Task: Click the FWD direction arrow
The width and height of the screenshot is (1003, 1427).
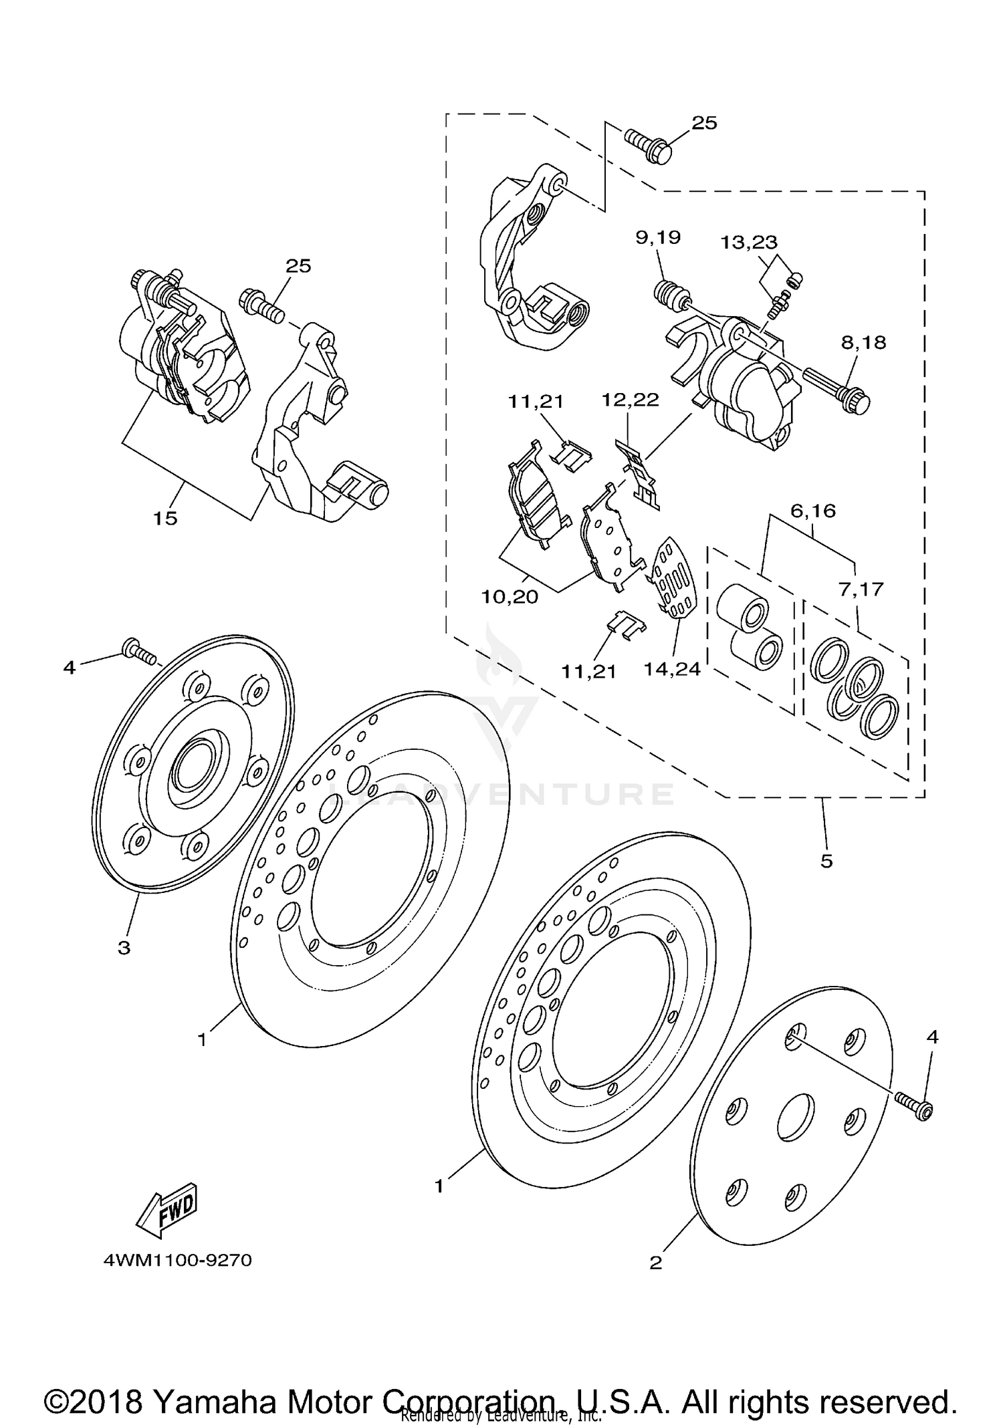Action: click(x=167, y=1210)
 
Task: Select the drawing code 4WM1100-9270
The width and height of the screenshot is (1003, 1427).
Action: click(x=178, y=1261)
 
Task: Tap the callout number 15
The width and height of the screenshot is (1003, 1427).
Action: click(x=165, y=518)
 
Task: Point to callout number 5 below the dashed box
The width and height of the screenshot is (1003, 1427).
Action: click(x=826, y=862)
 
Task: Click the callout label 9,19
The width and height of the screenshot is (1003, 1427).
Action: click(x=658, y=237)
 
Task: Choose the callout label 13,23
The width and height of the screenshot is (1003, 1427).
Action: click(x=749, y=241)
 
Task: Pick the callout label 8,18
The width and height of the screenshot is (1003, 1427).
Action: click(x=863, y=343)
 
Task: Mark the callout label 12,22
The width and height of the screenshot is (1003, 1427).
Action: click(x=630, y=400)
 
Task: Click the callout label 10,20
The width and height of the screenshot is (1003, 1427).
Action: click(x=510, y=596)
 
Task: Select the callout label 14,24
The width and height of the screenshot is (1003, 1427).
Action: click(x=672, y=668)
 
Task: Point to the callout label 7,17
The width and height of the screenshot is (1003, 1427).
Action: click(x=861, y=590)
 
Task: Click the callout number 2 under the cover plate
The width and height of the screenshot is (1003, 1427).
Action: click(x=656, y=1263)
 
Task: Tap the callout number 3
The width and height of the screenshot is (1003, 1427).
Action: click(x=124, y=947)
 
